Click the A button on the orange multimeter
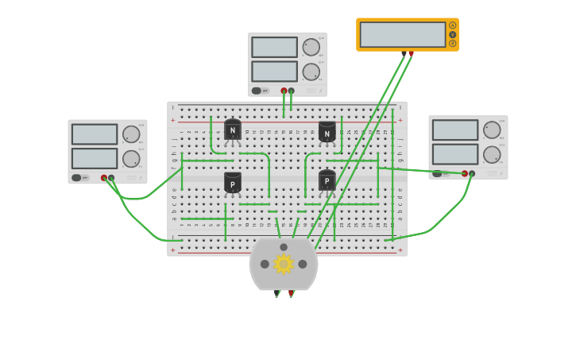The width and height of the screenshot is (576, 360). (x=453, y=25)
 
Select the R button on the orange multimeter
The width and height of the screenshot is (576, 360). (x=453, y=44)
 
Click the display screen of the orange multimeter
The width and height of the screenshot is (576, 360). (x=403, y=34)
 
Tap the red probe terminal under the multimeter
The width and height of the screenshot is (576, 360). (x=411, y=54)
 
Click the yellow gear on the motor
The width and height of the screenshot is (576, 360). (x=284, y=264)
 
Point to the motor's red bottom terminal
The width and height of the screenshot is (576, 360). (x=292, y=292)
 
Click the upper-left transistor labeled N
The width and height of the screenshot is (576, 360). (x=232, y=130)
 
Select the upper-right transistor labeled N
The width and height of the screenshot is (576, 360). (x=327, y=132)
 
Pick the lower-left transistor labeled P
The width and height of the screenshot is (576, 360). (x=232, y=183)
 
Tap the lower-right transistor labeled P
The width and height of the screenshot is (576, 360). (x=327, y=181)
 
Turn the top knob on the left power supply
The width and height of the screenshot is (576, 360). (x=131, y=134)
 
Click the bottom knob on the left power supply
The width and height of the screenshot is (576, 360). (x=131, y=158)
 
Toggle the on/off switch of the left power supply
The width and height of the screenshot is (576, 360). (x=77, y=177)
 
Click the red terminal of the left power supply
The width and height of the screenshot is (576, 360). (x=104, y=178)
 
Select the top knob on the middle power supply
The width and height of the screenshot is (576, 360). (x=311, y=47)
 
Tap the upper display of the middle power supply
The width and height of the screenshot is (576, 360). (x=274, y=47)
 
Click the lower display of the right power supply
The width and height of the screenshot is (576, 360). (x=455, y=153)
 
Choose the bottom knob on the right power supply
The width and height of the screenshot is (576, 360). (x=492, y=154)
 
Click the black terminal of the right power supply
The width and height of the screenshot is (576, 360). (x=472, y=173)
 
